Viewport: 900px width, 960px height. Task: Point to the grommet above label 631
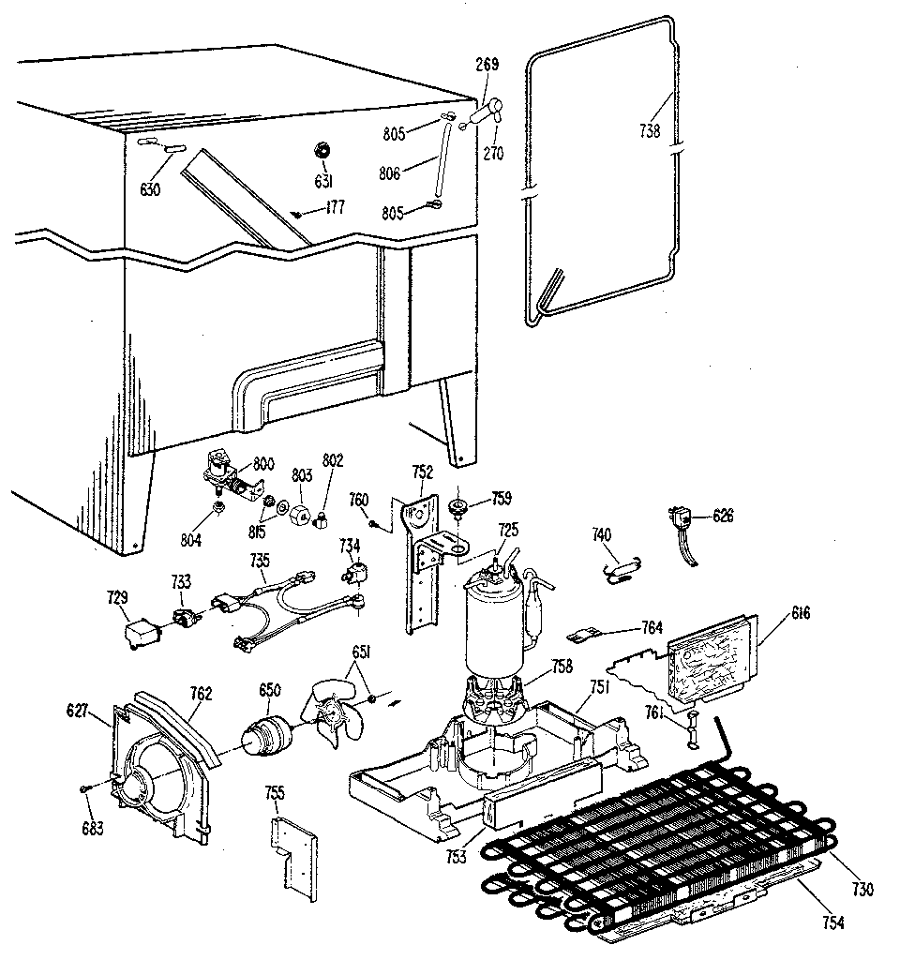click(322, 149)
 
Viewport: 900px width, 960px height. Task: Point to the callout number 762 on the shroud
click(201, 695)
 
